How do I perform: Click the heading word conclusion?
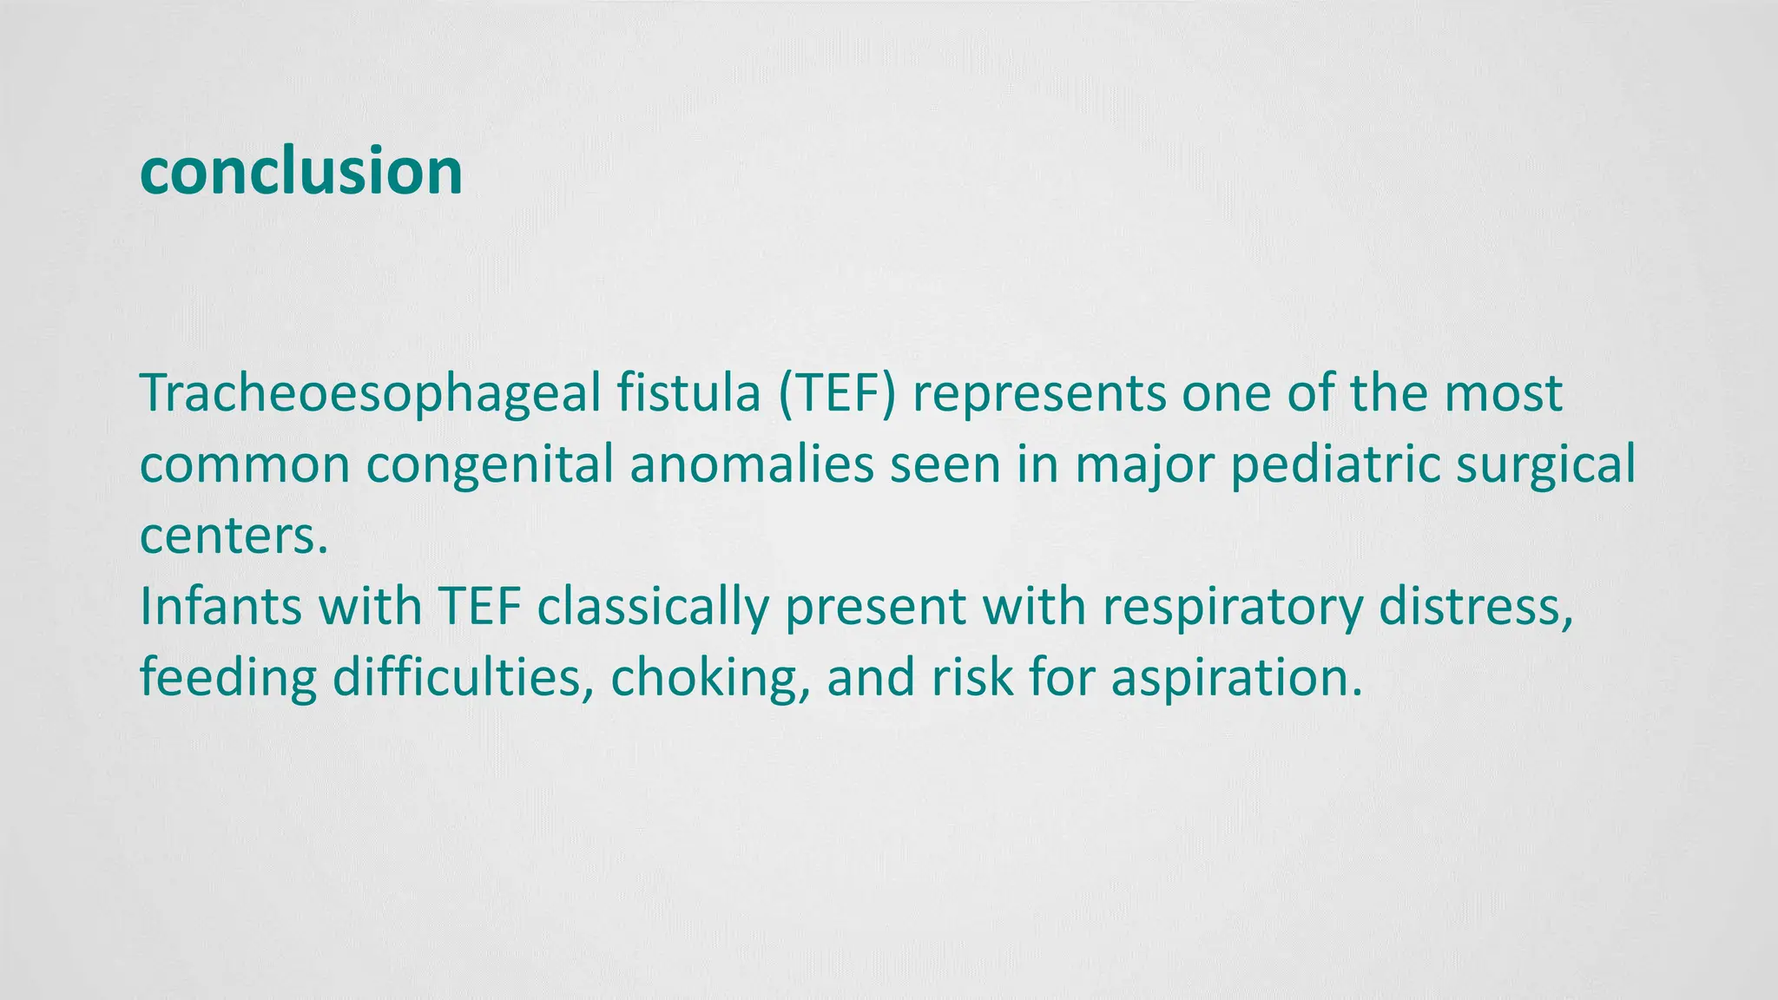click(300, 170)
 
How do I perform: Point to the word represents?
click(1039, 393)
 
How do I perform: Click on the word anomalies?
click(751, 464)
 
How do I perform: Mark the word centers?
click(234, 536)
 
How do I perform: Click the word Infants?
click(221, 606)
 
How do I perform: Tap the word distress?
click(1476, 606)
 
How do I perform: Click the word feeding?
click(228, 677)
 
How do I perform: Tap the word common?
click(244, 464)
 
